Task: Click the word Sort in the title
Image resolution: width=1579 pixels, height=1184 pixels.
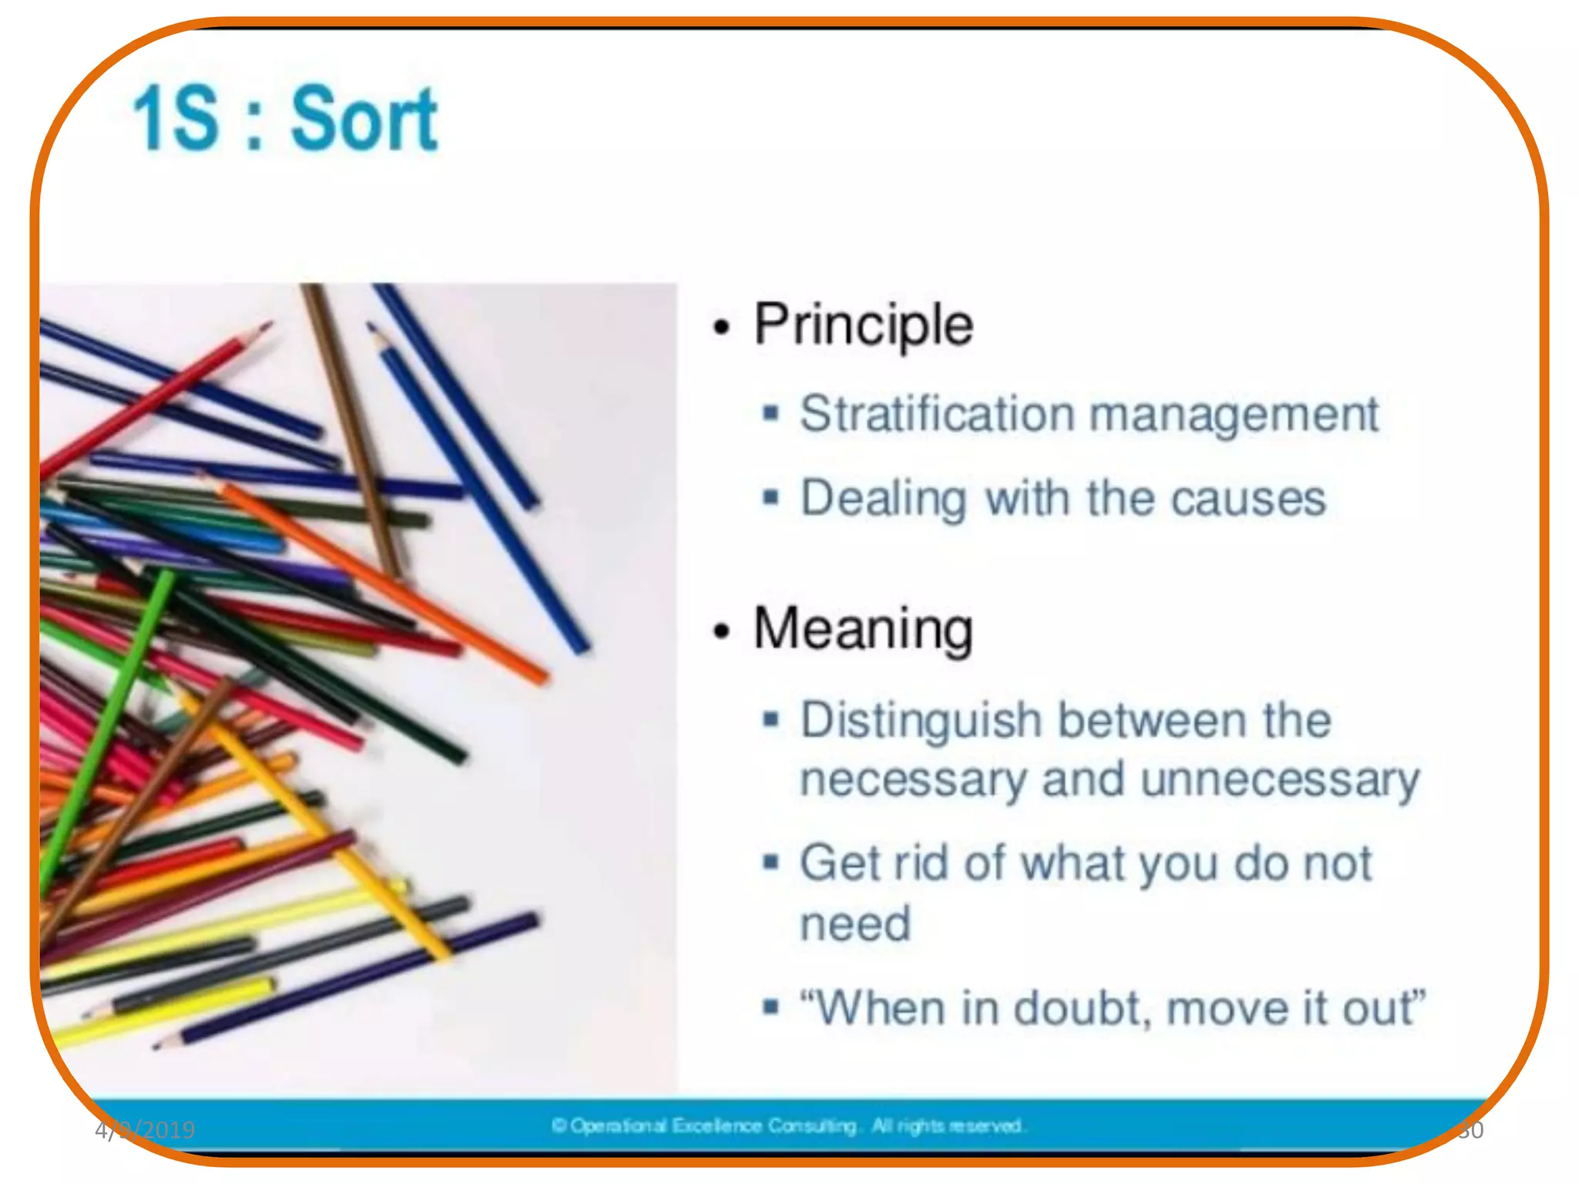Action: click(x=364, y=119)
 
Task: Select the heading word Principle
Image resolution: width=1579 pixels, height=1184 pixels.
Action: click(x=864, y=325)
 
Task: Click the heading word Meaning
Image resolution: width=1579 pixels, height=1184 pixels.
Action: click(x=864, y=629)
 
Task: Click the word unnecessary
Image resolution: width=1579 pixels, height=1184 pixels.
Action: click(x=1280, y=780)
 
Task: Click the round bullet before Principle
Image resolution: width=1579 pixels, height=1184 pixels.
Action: click(x=721, y=328)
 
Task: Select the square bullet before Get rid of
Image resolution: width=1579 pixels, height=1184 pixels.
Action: click(x=770, y=861)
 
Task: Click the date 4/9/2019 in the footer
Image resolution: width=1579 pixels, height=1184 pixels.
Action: click(x=145, y=1130)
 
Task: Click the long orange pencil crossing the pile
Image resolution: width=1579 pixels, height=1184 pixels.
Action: click(x=385, y=582)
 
